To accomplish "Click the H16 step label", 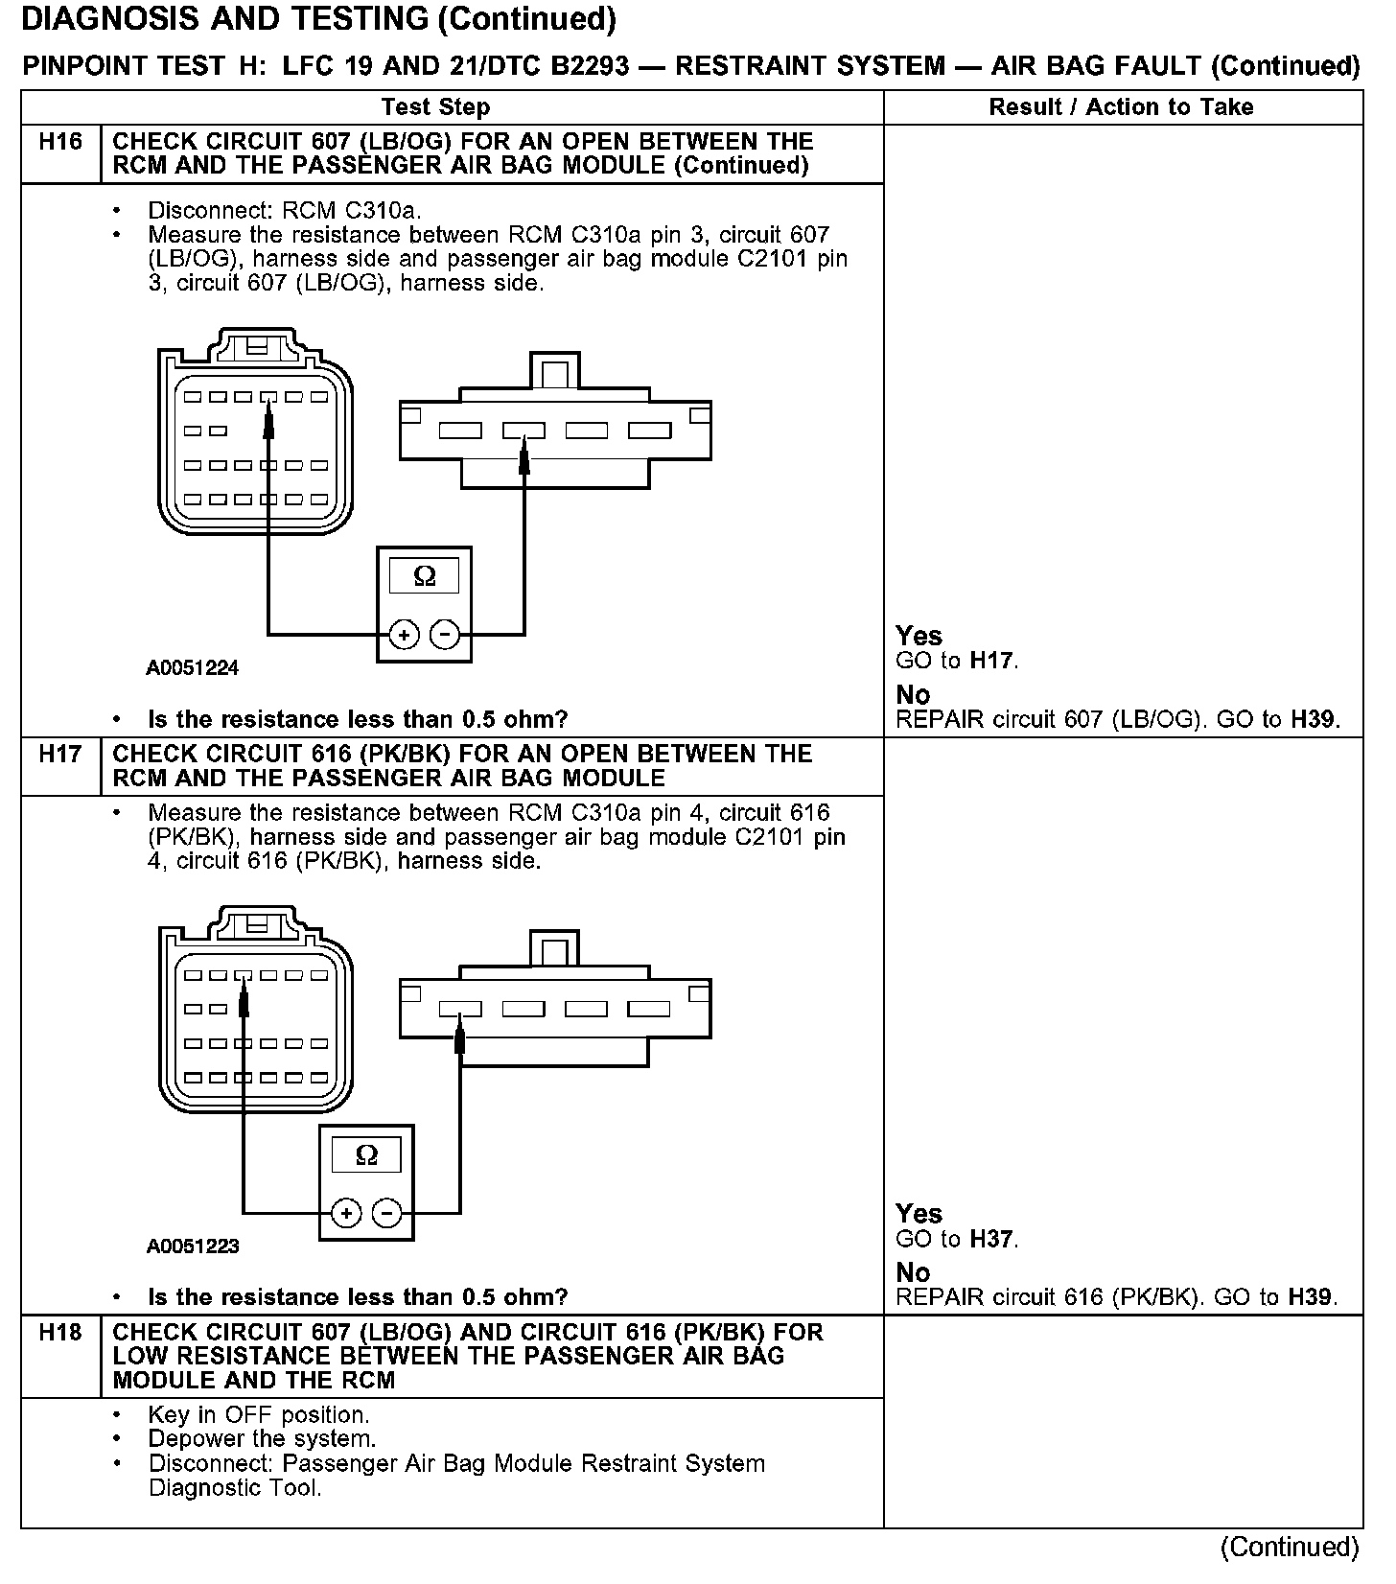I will [60, 142].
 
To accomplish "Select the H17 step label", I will [60, 754].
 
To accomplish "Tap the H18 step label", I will [60, 1332].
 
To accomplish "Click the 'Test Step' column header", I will [435, 107].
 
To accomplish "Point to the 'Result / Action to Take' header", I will [1121, 107].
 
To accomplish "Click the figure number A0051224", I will [192, 668].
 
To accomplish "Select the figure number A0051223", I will [193, 1246].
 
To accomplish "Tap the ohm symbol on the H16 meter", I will [424, 576].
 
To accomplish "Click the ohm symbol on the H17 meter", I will [366, 1154].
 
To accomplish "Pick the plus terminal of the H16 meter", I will [404, 635].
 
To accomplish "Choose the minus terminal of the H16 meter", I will [444, 635].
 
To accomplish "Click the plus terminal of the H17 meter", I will [346, 1213].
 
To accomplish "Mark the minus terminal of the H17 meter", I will [386, 1213].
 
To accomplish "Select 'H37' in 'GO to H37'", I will [992, 1239].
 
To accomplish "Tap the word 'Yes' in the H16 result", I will [919, 636].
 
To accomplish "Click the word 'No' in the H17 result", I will [913, 1272].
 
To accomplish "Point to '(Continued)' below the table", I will [1290, 1547].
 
